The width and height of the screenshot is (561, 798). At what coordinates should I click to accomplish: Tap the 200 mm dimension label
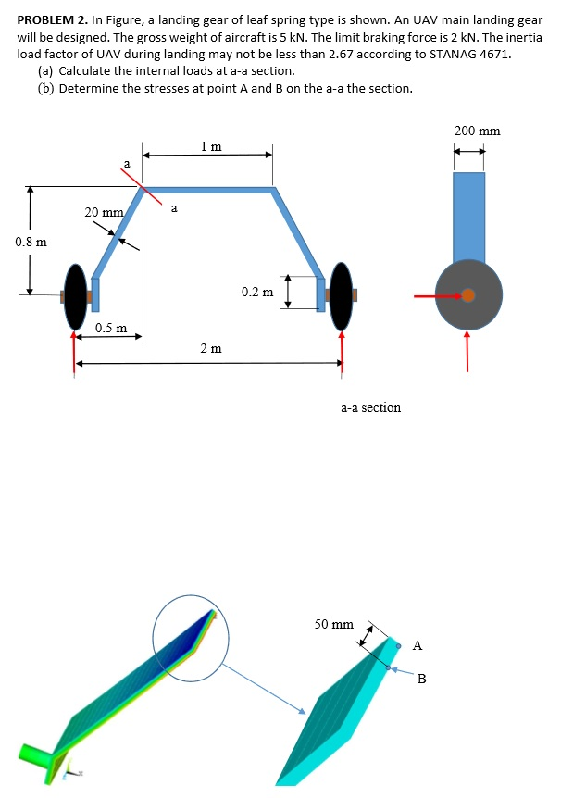pos(477,131)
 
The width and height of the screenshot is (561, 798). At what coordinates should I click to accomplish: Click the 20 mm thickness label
pos(104,212)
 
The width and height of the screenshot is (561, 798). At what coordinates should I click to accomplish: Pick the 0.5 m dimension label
pos(111,329)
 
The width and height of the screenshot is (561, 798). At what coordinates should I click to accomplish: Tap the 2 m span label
pos(211,348)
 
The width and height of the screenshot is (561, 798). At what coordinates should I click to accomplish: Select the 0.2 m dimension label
pos(257,292)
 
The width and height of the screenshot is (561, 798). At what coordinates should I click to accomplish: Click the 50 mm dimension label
pos(333,624)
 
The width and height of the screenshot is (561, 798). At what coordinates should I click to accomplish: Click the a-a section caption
pos(370,407)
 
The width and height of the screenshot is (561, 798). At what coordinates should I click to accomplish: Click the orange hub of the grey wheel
pos(468,295)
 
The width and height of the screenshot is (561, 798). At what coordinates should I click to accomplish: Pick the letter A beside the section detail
pos(418,644)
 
